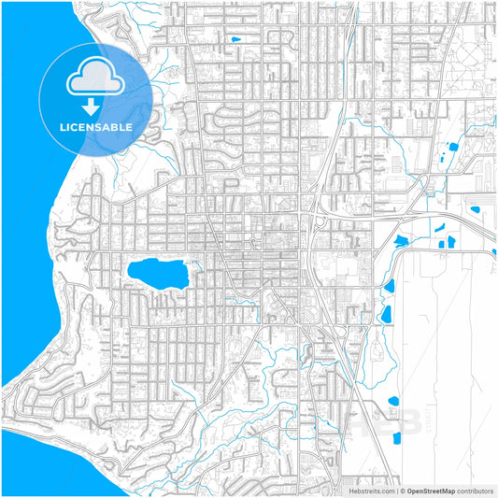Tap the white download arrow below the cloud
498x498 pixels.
(96, 106)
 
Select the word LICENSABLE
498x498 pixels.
(96, 127)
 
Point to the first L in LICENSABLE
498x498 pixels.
(64, 127)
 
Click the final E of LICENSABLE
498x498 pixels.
(129, 127)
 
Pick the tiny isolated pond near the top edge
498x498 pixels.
(235, 38)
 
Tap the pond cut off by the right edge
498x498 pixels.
(493, 250)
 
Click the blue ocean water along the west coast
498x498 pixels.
(23, 187)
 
